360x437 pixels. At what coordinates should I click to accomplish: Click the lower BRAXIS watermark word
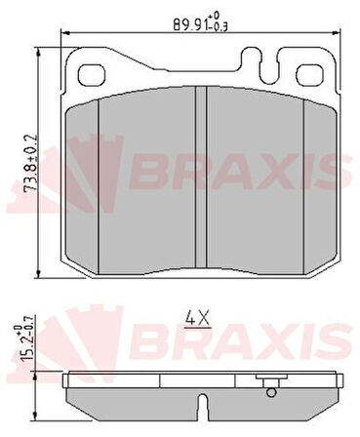tap(244, 342)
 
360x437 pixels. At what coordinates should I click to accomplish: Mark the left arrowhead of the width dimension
tap(65, 32)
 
